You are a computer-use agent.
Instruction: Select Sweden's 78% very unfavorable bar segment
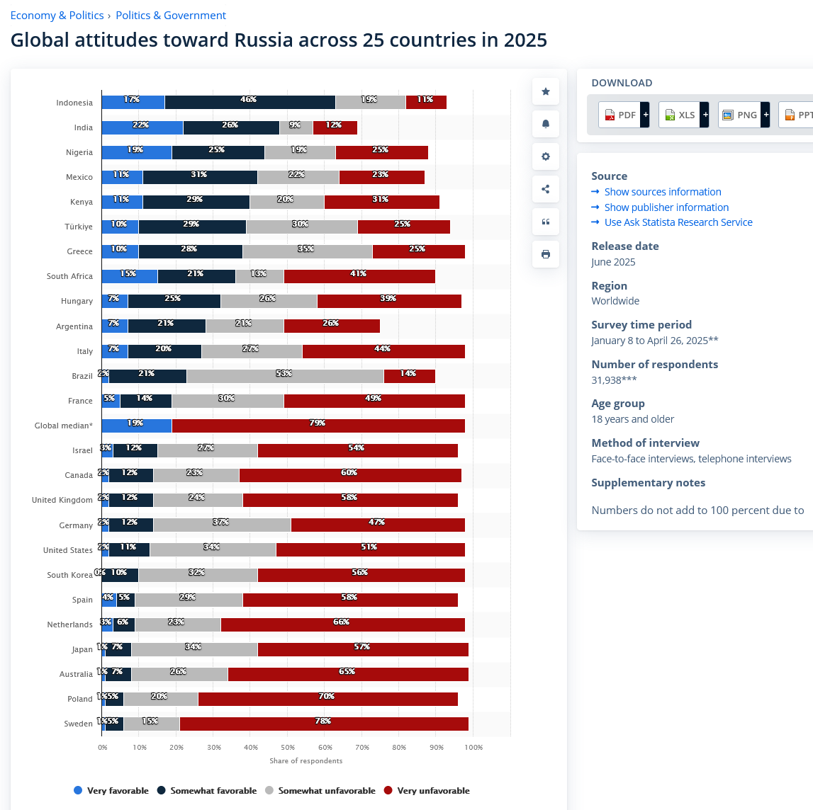[x=323, y=724]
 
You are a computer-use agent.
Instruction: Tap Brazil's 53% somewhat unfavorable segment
[x=284, y=376]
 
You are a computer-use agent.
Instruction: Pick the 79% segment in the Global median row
[x=318, y=426]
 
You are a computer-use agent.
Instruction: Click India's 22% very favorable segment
[x=142, y=127]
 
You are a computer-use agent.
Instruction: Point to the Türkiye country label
[x=79, y=227]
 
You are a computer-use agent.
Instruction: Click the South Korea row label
[x=69, y=575]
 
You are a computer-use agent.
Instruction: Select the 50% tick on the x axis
[x=288, y=747]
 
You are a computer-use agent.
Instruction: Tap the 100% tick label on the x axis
[x=473, y=747]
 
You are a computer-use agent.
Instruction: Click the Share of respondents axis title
[x=305, y=760]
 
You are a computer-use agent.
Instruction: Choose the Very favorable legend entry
[x=111, y=791]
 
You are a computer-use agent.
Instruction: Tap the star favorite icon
[x=545, y=91]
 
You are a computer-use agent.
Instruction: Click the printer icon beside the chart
[x=545, y=254]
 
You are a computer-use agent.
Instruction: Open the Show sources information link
[x=662, y=192]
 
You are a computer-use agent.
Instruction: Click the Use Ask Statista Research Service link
[x=678, y=222]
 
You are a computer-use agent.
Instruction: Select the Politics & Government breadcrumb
[x=171, y=16]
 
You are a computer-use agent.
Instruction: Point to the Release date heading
[x=624, y=246]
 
